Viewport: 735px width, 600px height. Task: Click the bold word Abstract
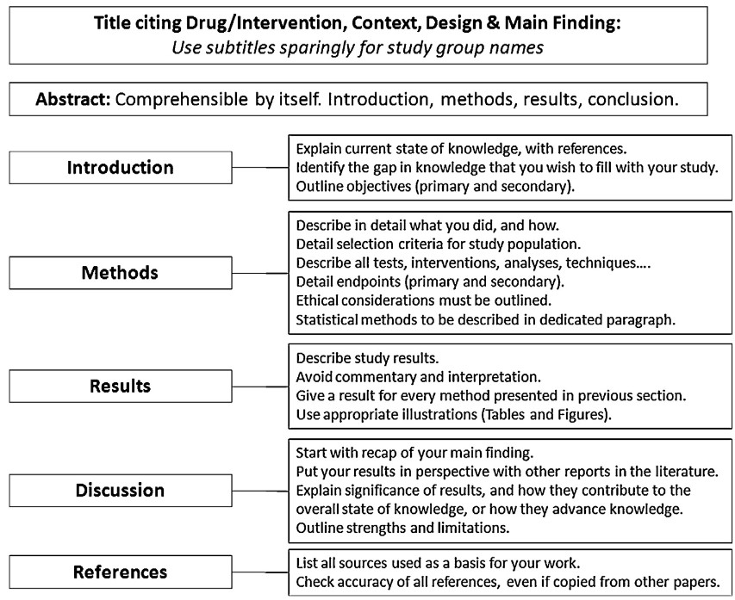(x=73, y=99)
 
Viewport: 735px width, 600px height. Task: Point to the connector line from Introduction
(x=260, y=167)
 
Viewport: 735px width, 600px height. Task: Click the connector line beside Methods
(x=260, y=273)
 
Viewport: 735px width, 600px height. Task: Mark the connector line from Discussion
(x=260, y=491)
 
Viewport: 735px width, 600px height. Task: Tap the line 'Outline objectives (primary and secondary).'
(x=435, y=187)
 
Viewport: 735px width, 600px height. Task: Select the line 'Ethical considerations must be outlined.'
(x=424, y=300)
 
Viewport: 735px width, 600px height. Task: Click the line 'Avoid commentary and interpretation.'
(x=418, y=377)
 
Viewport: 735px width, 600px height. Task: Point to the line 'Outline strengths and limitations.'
(x=402, y=528)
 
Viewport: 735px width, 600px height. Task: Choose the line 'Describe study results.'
(x=367, y=358)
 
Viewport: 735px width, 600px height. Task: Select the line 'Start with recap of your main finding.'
(x=414, y=453)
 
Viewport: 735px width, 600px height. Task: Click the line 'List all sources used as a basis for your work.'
(x=438, y=563)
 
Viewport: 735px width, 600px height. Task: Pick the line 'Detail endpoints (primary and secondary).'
(x=430, y=281)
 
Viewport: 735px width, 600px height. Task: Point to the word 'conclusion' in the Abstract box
(x=632, y=99)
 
